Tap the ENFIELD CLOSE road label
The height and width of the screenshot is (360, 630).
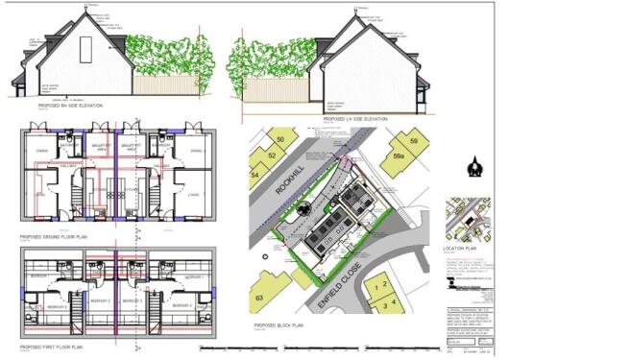pos(340,280)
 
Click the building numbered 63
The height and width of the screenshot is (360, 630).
pos(257,299)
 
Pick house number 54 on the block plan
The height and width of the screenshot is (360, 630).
pos(255,176)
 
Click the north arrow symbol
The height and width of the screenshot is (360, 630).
pos(472,170)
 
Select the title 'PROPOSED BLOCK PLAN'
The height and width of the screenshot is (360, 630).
pos(279,326)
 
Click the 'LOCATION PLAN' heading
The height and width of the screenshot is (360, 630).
pos(460,248)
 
